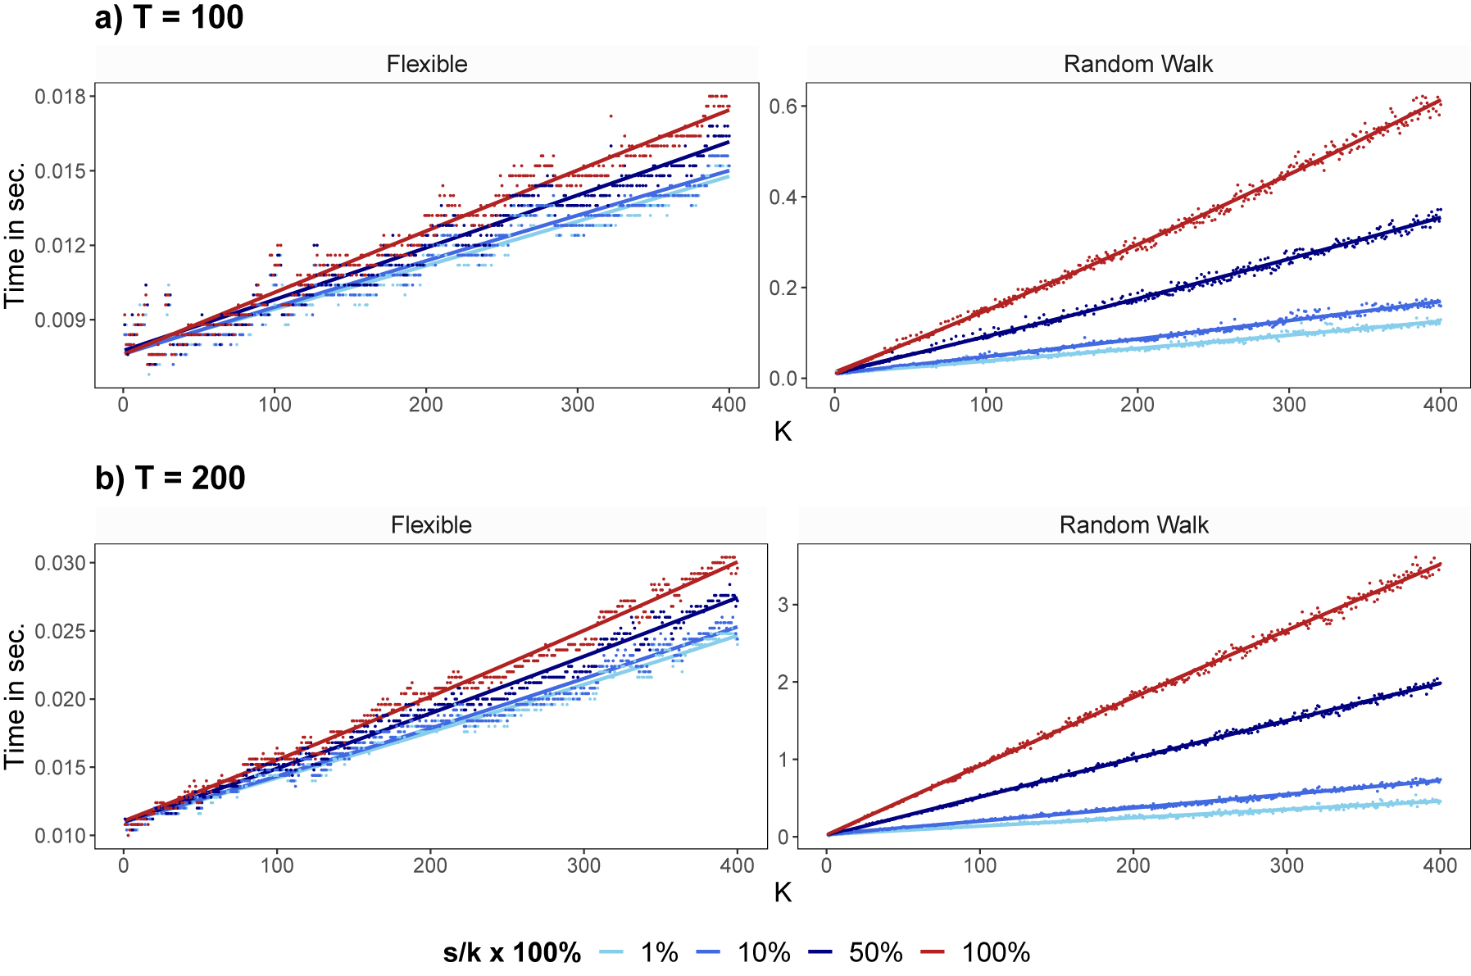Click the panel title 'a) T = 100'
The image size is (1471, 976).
click(169, 17)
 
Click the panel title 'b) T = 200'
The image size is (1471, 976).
click(170, 478)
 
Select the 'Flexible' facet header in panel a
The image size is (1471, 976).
click(426, 64)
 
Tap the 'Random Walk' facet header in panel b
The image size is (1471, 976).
click(1133, 524)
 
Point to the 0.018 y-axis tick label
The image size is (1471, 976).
click(60, 97)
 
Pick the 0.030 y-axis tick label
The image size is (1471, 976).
click(60, 563)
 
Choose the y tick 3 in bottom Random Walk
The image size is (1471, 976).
click(783, 605)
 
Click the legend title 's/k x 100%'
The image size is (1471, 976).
click(512, 952)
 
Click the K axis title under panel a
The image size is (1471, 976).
click(783, 432)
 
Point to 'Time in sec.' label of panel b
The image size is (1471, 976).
click(14, 697)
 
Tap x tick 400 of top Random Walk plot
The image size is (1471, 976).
click(1440, 404)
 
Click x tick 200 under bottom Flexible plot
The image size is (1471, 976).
click(429, 865)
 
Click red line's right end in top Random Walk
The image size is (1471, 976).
click(1440, 101)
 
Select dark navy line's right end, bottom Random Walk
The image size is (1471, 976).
click(1440, 682)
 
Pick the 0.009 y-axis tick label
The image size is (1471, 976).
click(60, 320)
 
